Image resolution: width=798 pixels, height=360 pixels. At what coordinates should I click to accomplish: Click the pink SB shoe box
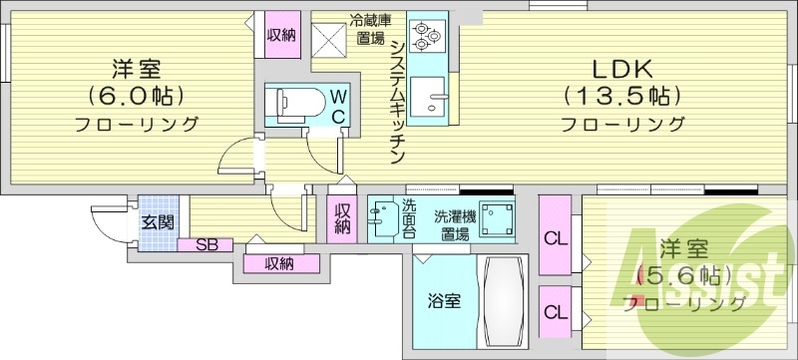206,244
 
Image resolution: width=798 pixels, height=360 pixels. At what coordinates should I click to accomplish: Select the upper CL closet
554,237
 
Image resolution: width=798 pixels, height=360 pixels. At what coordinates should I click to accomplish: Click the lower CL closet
554,310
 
